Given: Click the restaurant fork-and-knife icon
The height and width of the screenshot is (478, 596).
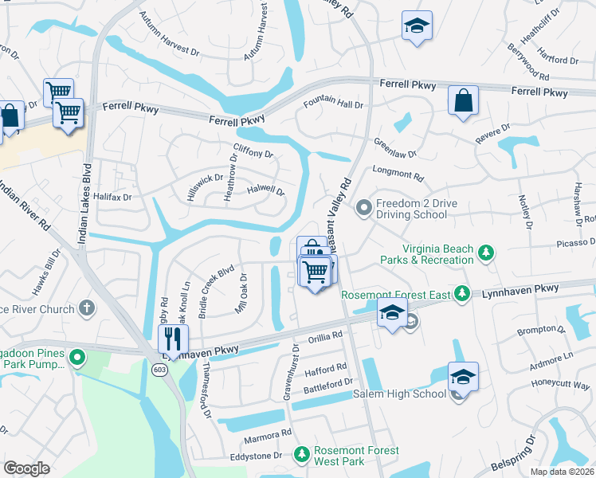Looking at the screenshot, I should tap(173, 338).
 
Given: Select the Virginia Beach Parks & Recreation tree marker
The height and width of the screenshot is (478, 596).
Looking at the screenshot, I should tap(484, 254).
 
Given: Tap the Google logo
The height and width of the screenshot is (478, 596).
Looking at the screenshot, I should tap(26, 468).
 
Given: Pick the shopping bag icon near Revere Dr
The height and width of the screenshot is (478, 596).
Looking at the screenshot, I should tap(463, 101).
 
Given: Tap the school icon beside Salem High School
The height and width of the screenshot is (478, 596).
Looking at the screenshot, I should tap(463, 377).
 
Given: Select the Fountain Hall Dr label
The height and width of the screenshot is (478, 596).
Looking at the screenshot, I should tap(333, 104).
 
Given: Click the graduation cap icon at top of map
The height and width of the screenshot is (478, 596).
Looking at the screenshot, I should tap(417, 25).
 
